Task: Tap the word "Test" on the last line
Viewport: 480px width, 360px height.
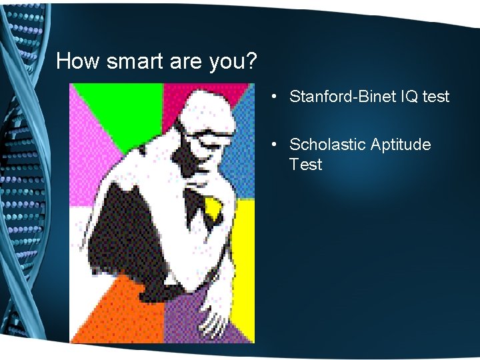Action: pyautogui.click(x=306, y=165)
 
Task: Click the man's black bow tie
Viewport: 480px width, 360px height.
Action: pyautogui.click(x=195, y=205)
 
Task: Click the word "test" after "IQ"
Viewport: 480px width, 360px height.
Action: pyautogui.click(x=436, y=97)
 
